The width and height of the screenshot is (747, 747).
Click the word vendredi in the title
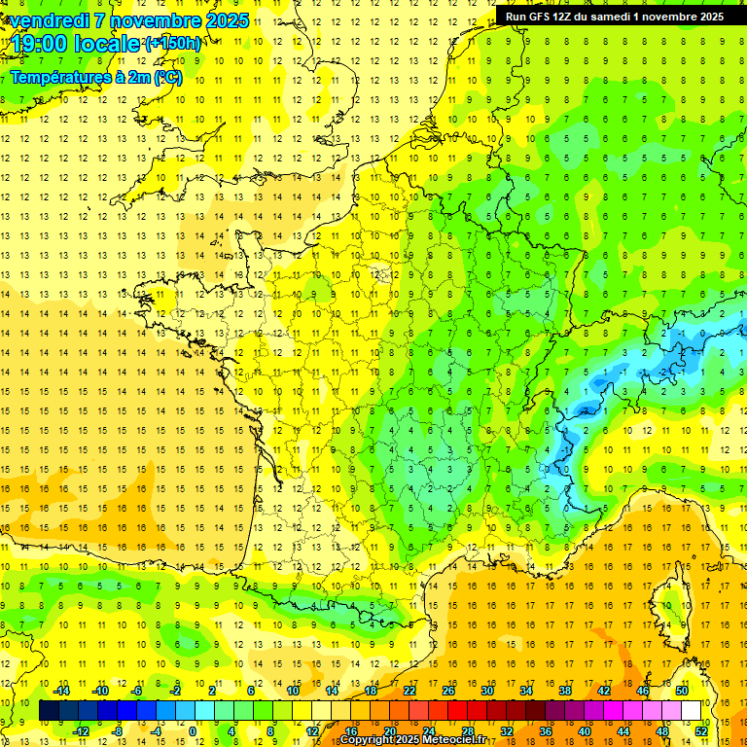pos(49,20)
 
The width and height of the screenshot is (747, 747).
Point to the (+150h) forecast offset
pos(173,44)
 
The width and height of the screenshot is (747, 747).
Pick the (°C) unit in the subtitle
pos(166,78)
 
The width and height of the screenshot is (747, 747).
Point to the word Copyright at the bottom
pos(368,740)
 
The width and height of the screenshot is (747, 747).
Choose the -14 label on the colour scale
pos(61,691)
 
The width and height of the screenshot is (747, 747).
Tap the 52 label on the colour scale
pos(701,731)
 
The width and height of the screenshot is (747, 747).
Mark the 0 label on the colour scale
pos(193,731)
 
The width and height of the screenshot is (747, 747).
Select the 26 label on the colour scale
pos(448,691)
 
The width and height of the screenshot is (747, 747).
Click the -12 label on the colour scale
pos(81,731)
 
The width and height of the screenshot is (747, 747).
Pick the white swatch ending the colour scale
pos(691,711)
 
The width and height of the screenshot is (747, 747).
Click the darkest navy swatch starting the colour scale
pos(49,711)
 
